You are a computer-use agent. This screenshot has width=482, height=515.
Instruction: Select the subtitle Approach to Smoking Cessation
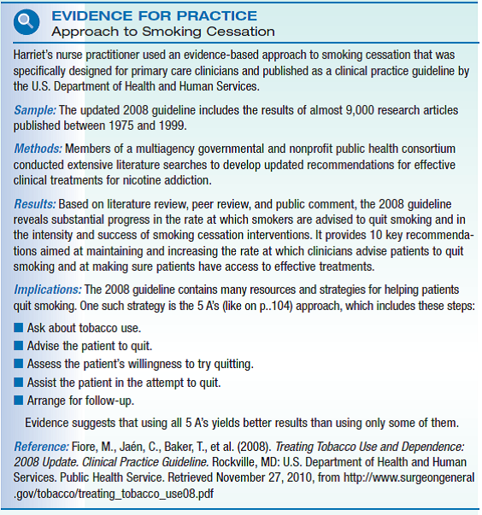click(162, 32)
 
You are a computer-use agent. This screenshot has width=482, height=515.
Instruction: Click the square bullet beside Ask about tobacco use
click(19, 328)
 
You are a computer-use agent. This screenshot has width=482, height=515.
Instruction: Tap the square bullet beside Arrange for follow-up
click(19, 400)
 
